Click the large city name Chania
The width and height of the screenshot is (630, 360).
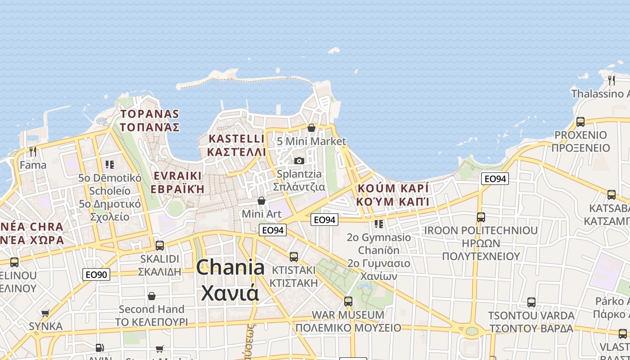pyautogui.click(x=230, y=267)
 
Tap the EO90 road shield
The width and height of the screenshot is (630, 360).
pyautogui.click(x=96, y=274)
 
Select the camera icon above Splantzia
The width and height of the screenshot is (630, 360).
pyautogui.click(x=299, y=161)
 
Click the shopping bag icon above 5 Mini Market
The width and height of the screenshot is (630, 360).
pyautogui.click(x=311, y=128)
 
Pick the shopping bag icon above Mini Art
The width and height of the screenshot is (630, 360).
pyautogui.click(x=261, y=200)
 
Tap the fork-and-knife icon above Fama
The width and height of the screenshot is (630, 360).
pyautogui.click(x=32, y=151)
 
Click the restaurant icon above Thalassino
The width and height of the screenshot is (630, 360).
pyautogui.click(x=612, y=80)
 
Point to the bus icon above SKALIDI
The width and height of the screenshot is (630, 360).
pyautogui.click(x=160, y=246)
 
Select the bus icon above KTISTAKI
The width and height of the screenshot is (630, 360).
pyautogui.click(x=294, y=257)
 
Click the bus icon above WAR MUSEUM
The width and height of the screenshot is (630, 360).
pyautogui.click(x=348, y=301)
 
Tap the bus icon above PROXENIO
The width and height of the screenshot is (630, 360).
pyautogui.click(x=580, y=121)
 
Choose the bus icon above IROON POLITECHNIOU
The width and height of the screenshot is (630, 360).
pyautogui.click(x=481, y=217)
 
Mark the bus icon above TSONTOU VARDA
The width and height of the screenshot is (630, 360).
pyautogui.click(x=531, y=302)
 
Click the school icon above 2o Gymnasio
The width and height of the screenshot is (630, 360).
pyautogui.click(x=379, y=224)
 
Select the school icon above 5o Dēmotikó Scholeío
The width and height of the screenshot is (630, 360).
pyautogui.click(x=110, y=165)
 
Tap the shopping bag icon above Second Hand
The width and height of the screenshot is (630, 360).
pyautogui.click(x=152, y=296)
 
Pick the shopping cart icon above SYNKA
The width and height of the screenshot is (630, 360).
pyautogui.click(x=45, y=313)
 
